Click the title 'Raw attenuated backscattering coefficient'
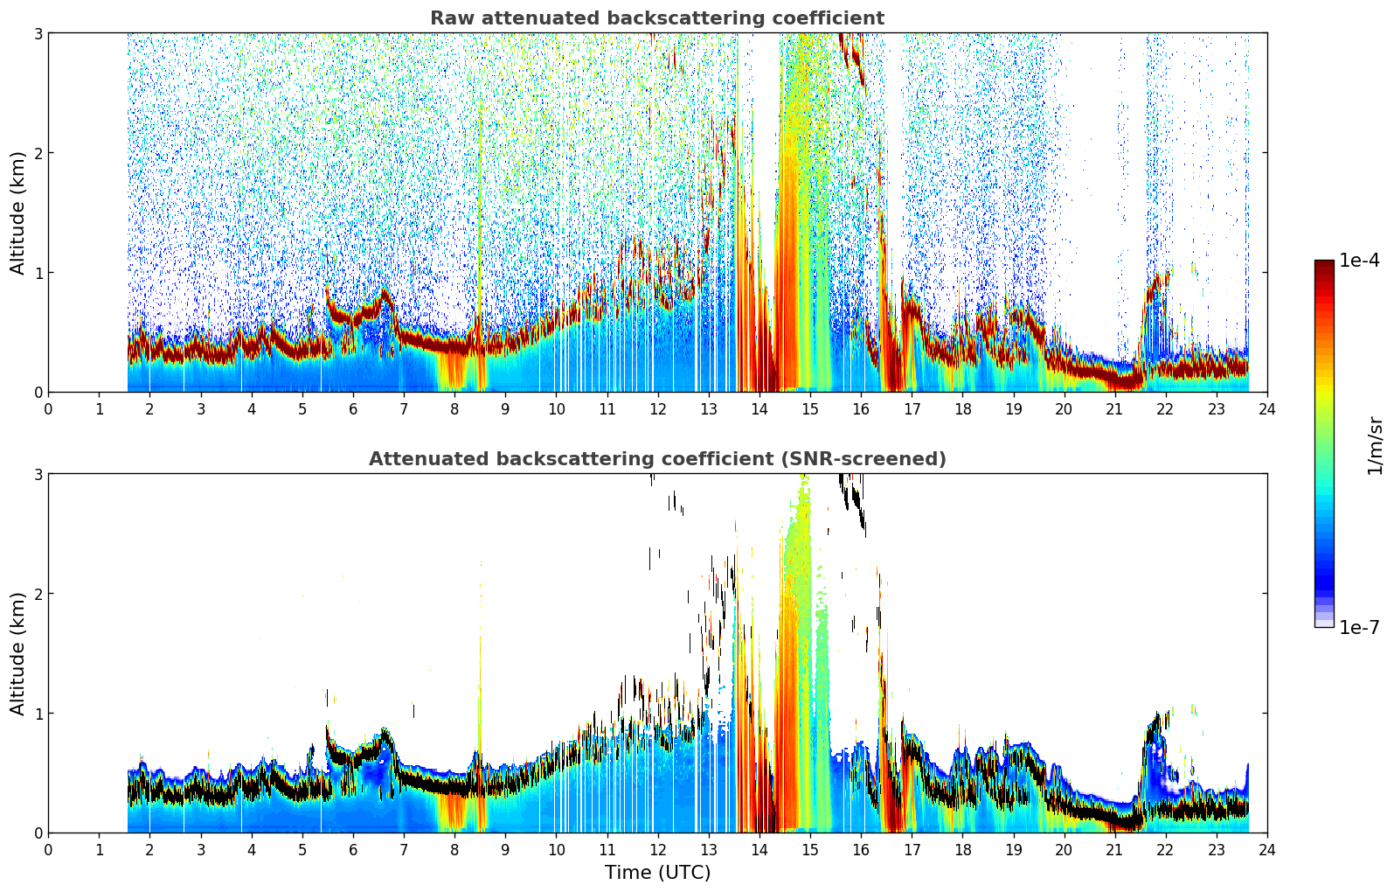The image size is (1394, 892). click(x=657, y=18)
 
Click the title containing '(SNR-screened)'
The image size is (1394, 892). click(x=657, y=459)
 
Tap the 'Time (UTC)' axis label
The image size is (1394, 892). click(x=657, y=872)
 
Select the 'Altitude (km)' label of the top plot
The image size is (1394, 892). click(x=17, y=213)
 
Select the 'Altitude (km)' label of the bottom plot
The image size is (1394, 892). click(x=17, y=653)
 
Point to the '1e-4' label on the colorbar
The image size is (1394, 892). click(x=1359, y=261)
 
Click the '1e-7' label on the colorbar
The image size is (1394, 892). click(x=1359, y=627)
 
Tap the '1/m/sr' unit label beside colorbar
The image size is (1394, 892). click(x=1376, y=447)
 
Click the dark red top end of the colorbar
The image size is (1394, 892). click(x=1324, y=262)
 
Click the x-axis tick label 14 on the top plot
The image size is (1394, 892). click(x=759, y=409)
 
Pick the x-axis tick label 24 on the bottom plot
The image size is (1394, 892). click(x=1267, y=850)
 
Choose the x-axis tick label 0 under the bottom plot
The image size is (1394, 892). click(x=49, y=850)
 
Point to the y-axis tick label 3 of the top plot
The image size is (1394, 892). click(x=38, y=33)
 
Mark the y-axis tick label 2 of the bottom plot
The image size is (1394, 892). click(x=38, y=594)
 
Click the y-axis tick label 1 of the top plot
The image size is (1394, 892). click(x=38, y=273)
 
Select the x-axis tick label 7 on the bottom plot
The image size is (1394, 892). click(x=404, y=850)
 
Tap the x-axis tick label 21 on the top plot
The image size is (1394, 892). click(x=1114, y=409)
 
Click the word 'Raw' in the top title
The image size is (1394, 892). click(x=451, y=18)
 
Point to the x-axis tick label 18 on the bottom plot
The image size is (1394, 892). click(x=963, y=850)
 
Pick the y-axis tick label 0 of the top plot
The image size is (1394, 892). click(x=38, y=393)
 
